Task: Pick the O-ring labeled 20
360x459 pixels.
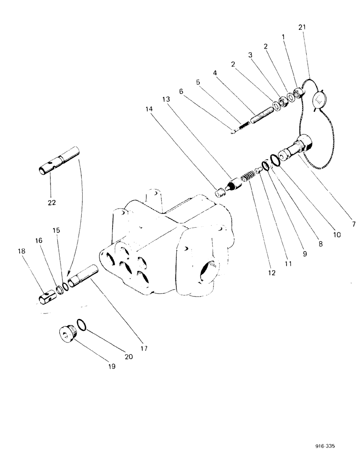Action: pos(82,325)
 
